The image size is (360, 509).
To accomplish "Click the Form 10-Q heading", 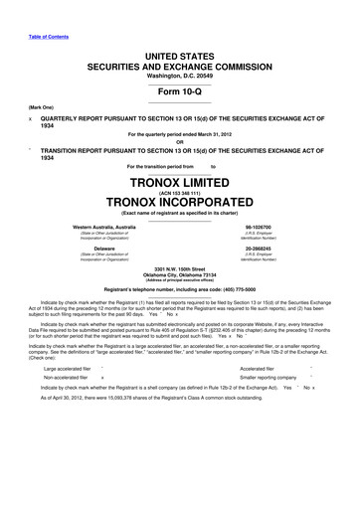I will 180,85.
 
